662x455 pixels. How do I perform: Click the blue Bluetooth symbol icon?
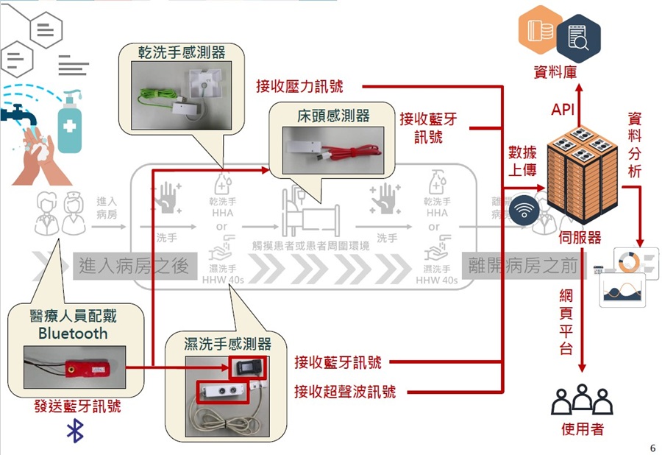click(x=75, y=431)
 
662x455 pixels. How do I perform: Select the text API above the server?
click(x=566, y=110)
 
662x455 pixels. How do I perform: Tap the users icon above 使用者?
click(x=582, y=400)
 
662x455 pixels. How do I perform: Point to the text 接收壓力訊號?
click(x=299, y=86)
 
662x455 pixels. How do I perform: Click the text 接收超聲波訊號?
click(x=345, y=392)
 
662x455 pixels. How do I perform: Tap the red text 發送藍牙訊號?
click(x=78, y=406)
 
